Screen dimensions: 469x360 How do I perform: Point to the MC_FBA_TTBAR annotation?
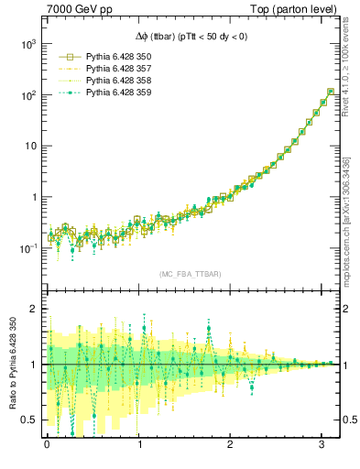(191, 274)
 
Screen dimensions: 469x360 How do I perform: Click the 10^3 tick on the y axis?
(27, 44)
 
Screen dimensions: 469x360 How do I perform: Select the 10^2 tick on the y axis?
(27, 95)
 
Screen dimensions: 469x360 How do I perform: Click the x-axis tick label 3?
(322, 446)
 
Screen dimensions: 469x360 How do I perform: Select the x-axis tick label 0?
(48, 446)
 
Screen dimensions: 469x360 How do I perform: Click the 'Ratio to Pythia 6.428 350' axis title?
(10, 364)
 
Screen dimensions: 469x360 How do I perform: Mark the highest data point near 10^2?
(330, 92)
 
